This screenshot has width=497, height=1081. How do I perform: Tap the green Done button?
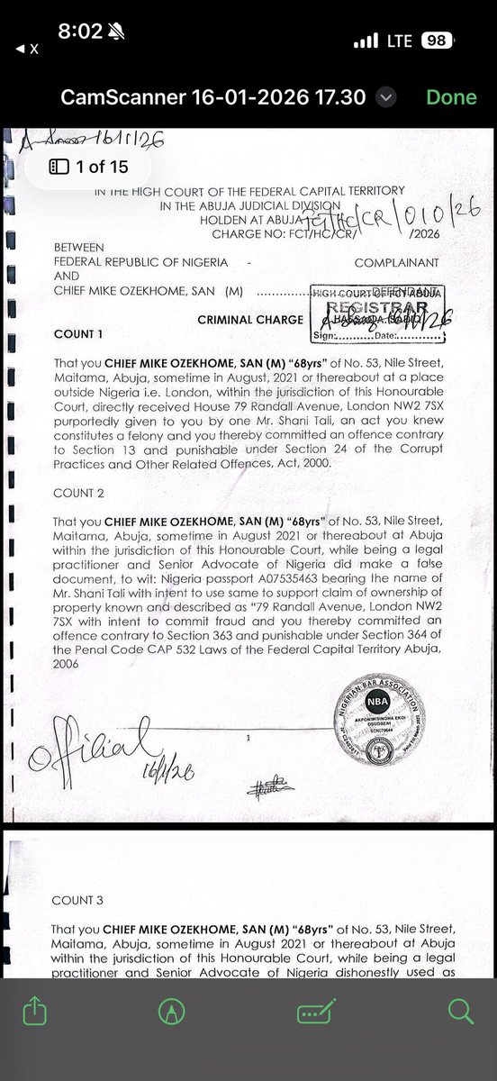451,97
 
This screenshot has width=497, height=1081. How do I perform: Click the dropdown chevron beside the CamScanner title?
386,97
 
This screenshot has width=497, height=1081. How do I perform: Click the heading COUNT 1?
78,334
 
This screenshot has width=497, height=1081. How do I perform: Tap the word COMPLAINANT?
396,262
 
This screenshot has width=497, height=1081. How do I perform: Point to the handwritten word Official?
86,752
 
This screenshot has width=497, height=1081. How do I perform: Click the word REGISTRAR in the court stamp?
378,306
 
